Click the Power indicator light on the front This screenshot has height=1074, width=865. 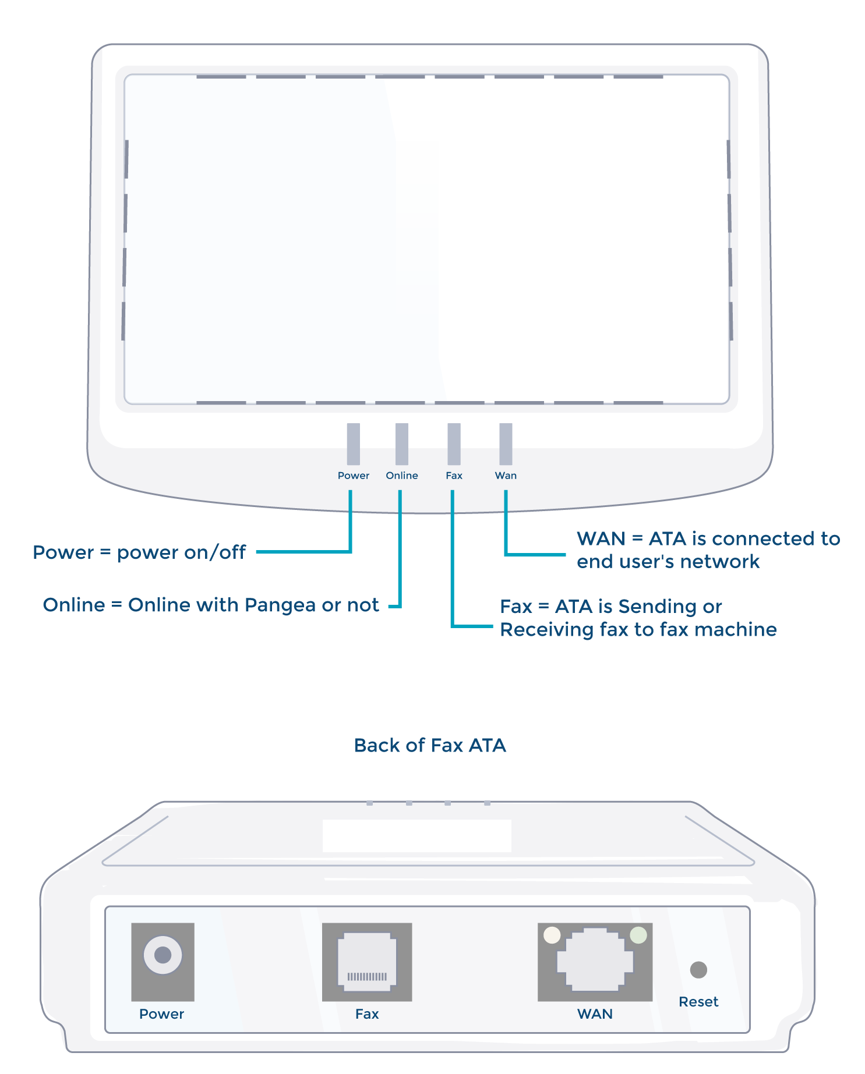[x=353, y=444]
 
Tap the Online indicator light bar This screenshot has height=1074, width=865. [x=401, y=444]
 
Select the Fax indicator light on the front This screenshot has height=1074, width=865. [x=454, y=444]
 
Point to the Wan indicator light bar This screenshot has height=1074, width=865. [x=506, y=444]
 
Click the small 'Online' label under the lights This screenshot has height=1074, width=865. [x=402, y=476]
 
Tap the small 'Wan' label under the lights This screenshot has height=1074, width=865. [x=506, y=476]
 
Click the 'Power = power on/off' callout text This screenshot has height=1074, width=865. [x=139, y=552]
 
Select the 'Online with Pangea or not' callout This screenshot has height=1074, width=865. [x=211, y=605]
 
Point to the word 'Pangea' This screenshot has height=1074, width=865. [x=280, y=606]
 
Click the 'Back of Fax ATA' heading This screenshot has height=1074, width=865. [x=430, y=745]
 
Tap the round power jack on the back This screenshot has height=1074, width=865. [x=163, y=955]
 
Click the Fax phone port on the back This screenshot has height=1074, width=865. [x=367, y=962]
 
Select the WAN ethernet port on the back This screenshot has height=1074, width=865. [x=595, y=962]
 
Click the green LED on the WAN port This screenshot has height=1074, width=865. [x=638, y=935]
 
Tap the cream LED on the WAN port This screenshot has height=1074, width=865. [x=552, y=935]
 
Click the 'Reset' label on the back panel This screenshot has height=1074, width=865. [x=698, y=1002]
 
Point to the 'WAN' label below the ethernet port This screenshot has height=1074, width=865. [x=595, y=1014]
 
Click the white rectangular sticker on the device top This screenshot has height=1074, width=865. [x=417, y=836]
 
